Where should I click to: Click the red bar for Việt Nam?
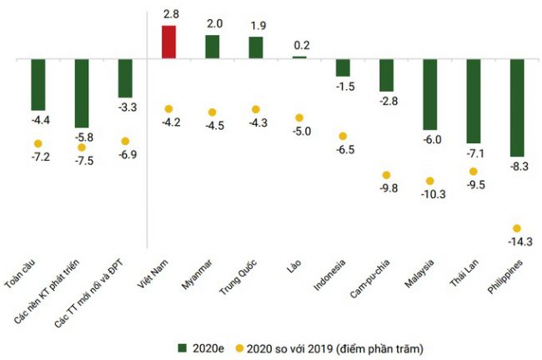[x=168, y=42]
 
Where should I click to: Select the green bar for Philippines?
[x=517, y=108]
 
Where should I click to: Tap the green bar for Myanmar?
[x=213, y=47]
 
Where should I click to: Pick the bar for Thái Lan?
[x=474, y=102]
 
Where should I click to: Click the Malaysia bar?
[x=430, y=94]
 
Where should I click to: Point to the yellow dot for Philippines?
[x=517, y=228]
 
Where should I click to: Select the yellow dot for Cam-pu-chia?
[x=387, y=175]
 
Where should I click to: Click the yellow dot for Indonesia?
[x=343, y=136]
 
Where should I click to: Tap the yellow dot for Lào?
[x=299, y=117]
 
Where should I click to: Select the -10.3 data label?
[x=430, y=195]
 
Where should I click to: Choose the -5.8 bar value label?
[x=82, y=137]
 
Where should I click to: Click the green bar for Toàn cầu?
[x=38, y=85]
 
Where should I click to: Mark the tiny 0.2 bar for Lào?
[x=299, y=57]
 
